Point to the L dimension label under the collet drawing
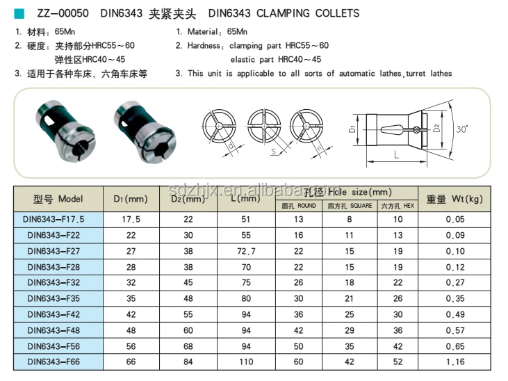coord(396,155)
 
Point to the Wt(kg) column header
coord(454,199)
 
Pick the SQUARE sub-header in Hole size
coord(351,206)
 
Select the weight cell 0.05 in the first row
coord(454,220)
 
